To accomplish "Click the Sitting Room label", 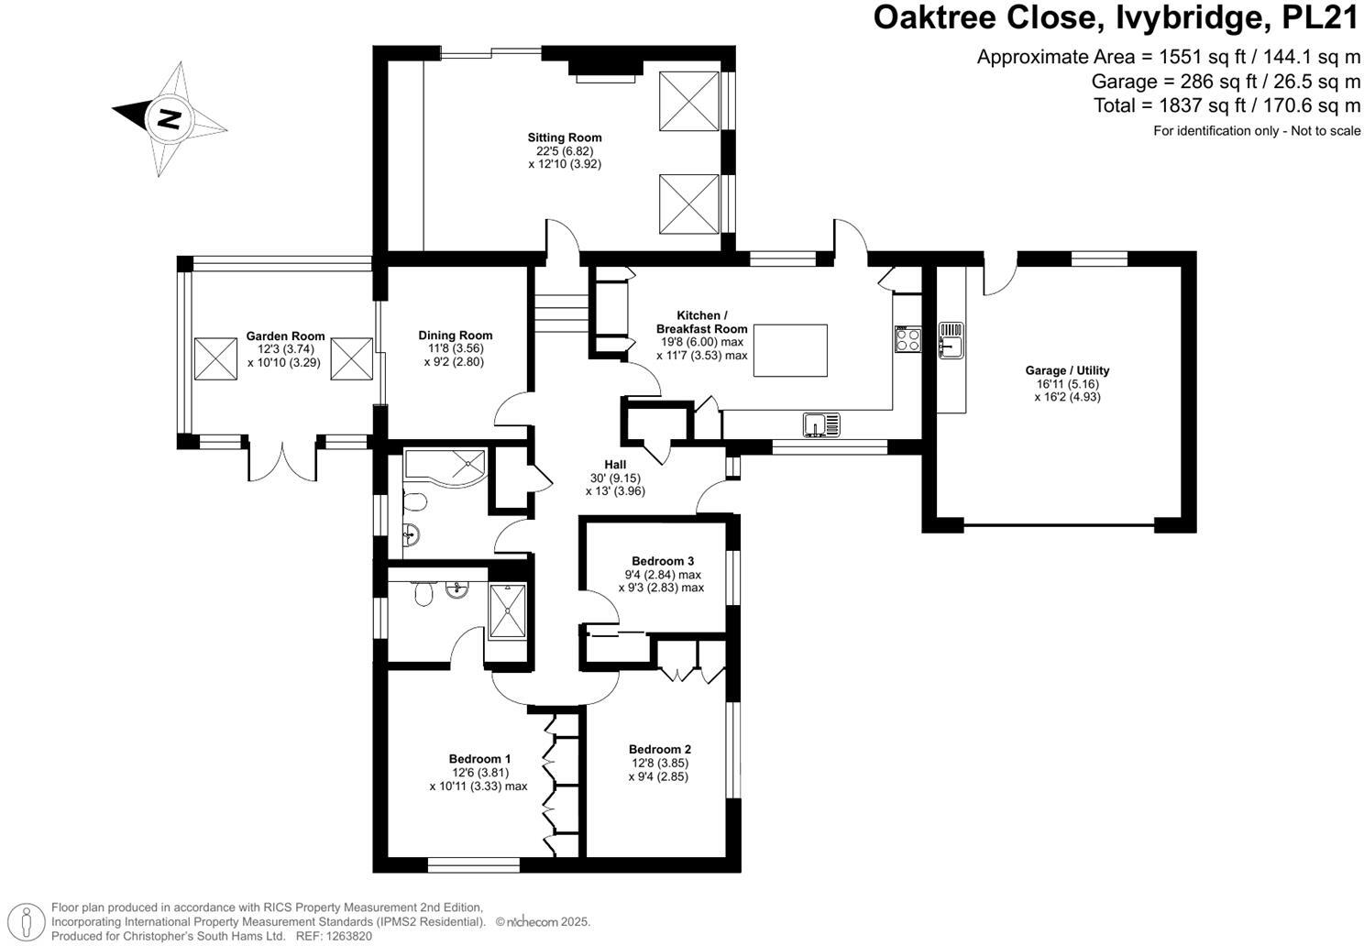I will [x=564, y=137].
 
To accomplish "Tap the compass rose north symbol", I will [x=169, y=118].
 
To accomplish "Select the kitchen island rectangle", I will [x=790, y=350].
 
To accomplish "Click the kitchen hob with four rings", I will [x=907, y=339].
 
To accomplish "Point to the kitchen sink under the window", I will [x=821, y=424].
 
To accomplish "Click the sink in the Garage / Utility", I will [x=951, y=337].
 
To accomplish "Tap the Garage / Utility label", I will [x=1067, y=370].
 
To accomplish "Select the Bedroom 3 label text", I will [x=662, y=561].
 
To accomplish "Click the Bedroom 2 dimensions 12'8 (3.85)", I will [x=659, y=763].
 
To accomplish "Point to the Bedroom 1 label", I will [x=479, y=758].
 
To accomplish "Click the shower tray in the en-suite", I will [x=506, y=610].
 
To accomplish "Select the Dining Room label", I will [x=456, y=335].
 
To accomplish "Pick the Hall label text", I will [x=615, y=465].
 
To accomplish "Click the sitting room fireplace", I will [x=605, y=69].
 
